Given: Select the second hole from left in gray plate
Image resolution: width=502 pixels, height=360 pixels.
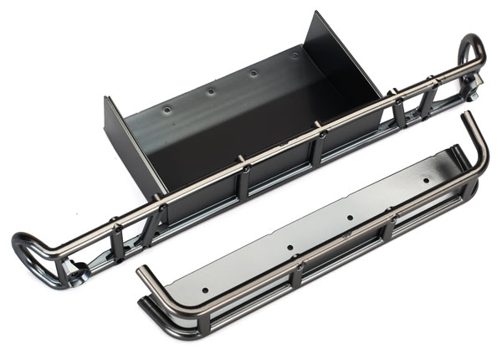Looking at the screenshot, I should [x=289, y=248].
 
